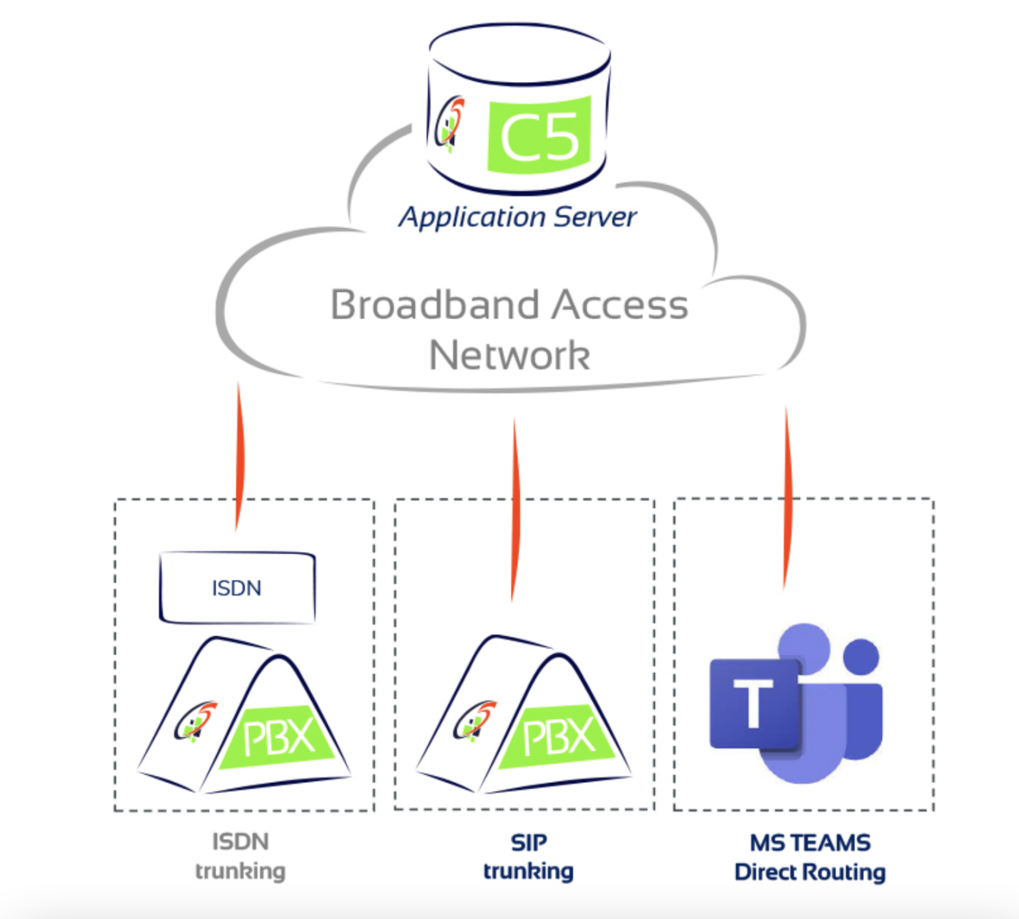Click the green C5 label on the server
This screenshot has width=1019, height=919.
[x=539, y=135]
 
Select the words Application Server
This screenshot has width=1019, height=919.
[x=517, y=217]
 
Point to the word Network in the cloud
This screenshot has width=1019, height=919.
[x=510, y=355]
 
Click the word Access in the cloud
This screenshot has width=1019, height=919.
[x=620, y=305]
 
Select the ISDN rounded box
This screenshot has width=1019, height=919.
[x=237, y=588]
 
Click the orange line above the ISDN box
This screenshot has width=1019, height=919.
[x=240, y=456]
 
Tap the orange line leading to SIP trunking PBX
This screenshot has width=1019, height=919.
[x=515, y=509]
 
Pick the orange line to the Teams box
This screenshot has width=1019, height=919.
[x=787, y=498]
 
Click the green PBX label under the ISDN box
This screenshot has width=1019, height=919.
[x=278, y=737]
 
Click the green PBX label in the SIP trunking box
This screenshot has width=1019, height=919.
[x=559, y=736]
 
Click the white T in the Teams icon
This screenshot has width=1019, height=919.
[x=753, y=703]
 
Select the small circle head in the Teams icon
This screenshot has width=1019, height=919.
[x=861, y=657]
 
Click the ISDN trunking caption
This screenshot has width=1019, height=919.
[x=240, y=856]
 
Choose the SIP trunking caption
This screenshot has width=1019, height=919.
[x=529, y=856]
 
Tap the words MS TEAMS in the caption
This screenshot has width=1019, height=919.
[x=810, y=842]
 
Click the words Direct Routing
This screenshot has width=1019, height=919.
[x=810, y=872]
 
